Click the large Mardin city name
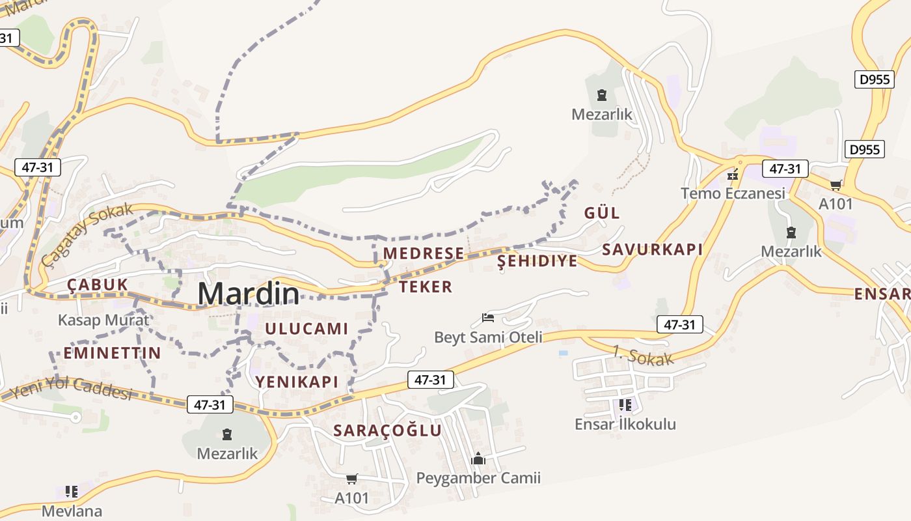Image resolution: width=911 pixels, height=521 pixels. click(249, 294)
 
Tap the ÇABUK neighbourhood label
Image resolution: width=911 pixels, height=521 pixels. click(97, 285)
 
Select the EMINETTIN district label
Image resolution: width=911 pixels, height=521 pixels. click(112, 353)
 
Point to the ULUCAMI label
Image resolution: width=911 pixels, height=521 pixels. click(306, 329)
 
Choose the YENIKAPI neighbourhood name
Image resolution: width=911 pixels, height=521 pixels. click(297, 382)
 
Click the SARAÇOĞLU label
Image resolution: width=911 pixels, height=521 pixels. click(387, 430)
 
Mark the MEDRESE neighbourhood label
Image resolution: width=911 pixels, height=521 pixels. click(424, 253)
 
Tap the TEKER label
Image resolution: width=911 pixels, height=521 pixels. click(426, 287)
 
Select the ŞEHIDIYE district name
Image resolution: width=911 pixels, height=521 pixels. click(537, 261)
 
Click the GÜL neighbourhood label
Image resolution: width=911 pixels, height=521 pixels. click(602, 213)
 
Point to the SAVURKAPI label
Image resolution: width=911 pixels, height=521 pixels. click(652, 249)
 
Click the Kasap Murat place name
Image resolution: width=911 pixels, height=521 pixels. click(103, 320)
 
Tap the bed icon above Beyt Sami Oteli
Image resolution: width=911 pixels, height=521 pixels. click(488, 318)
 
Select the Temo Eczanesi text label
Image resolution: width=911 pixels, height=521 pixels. click(733, 193)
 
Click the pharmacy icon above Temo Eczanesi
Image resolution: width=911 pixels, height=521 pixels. click(733, 175)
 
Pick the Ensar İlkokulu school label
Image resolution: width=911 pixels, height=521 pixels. click(625, 424)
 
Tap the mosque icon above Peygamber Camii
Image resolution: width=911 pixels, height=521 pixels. click(478, 459)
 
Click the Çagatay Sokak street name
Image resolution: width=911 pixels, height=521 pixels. click(87, 234)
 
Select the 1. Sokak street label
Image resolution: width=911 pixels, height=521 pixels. click(643, 356)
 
